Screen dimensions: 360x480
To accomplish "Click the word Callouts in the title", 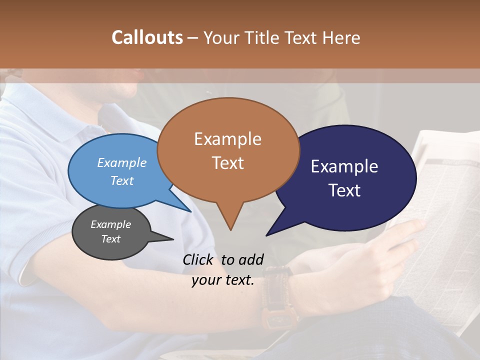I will pyautogui.click(x=147, y=37).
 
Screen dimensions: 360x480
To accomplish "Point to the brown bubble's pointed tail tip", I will pyautogui.click(x=230, y=230).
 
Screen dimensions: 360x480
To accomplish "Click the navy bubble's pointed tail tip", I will pyautogui.click(x=266, y=235).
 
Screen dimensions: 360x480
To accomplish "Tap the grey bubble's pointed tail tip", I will pyautogui.click(x=173, y=239).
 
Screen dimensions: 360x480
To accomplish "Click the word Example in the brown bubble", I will pyautogui.click(x=227, y=139).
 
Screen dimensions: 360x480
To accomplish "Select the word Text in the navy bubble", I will pyautogui.click(x=345, y=190).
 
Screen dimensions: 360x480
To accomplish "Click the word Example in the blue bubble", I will pyautogui.click(x=122, y=162).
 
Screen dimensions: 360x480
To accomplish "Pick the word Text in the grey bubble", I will pyautogui.click(x=111, y=239).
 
